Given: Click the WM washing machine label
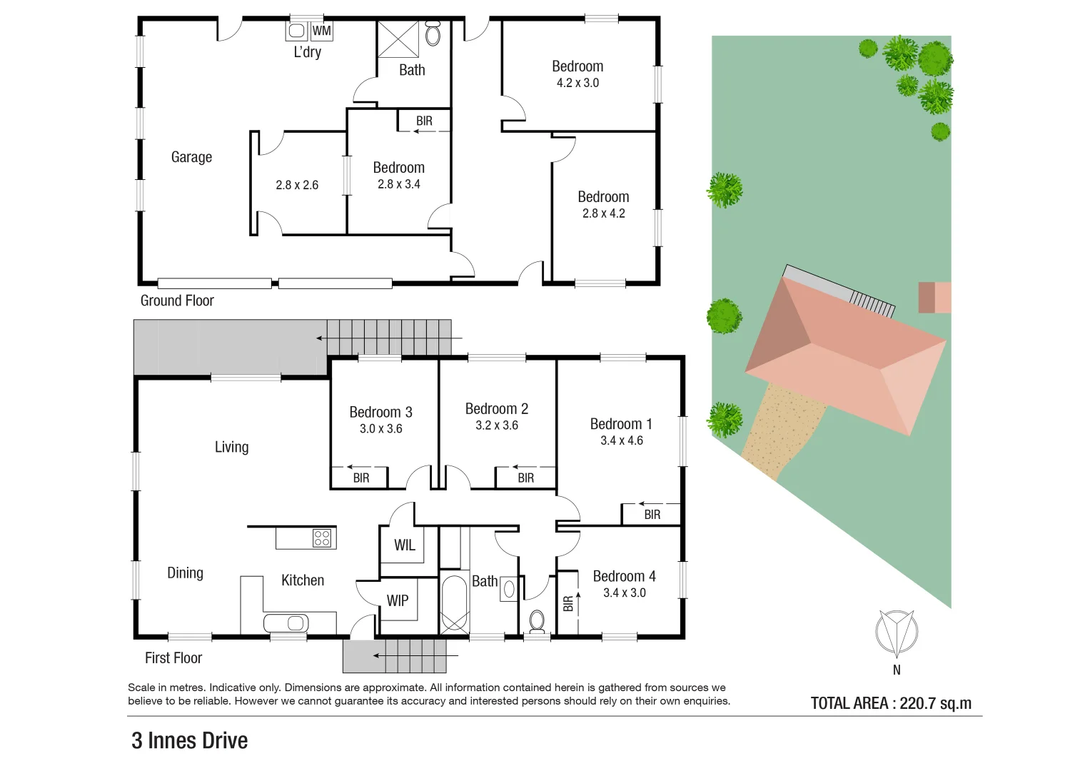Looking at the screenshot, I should pyautogui.click(x=322, y=31).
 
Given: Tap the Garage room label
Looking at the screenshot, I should pyautogui.click(x=191, y=157).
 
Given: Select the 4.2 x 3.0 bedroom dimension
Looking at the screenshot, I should pyautogui.click(x=577, y=83).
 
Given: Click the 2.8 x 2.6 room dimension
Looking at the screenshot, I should pyautogui.click(x=297, y=185).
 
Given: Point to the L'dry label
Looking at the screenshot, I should pyautogui.click(x=308, y=52).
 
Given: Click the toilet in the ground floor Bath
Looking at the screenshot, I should pyautogui.click(x=433, y=34).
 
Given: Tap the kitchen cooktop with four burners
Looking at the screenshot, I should pyautogui.click(x=322, y=538).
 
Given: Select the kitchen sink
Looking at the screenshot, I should pyautogui.click(x=287, y=623).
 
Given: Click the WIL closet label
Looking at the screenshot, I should pyautogui.click(x=404, y=545).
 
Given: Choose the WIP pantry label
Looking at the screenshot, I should pyautogui.click(x=398, y=601).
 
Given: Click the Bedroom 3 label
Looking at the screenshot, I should pyautogui.click(x=380, y=412).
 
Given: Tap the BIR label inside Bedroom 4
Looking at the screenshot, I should pyautogui.click(x=568, y=604).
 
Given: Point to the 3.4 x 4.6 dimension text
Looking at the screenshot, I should pyautogui.click(x=622, y=440).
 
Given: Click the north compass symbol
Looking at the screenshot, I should pyautogui.click(x=897, y=633).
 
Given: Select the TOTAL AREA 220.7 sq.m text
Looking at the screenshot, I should pyautogui.click(x=891, y=703).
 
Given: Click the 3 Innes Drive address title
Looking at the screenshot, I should pyautogui.click(x=190, y=740).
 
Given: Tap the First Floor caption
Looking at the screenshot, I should pyautogui.click(x=173, y=657).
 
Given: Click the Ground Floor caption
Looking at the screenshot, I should pyautogui.click(x=177, y=301).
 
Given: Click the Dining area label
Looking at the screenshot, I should pyautogui.click(x=185, y=573).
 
